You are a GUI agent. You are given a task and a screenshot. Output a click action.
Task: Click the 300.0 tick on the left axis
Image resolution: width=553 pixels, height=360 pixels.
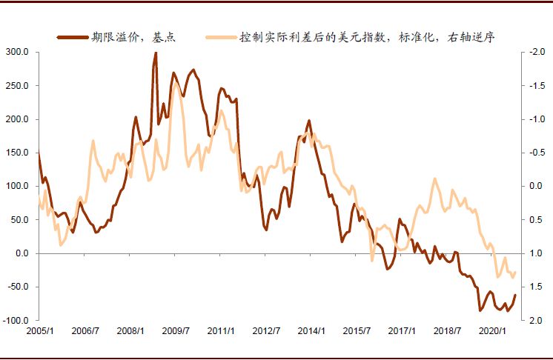(x=17, y=53)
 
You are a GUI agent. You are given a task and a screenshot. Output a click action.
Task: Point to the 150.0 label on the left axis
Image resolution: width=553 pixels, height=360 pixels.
(x=17, y=153)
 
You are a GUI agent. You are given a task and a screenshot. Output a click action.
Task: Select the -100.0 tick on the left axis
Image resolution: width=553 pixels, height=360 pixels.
(x=16, y=320)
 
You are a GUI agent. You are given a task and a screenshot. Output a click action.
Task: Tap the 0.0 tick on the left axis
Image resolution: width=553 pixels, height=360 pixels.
(x=21, y=253)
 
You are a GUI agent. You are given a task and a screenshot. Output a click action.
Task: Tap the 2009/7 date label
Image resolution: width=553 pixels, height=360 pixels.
(x=176, y=331)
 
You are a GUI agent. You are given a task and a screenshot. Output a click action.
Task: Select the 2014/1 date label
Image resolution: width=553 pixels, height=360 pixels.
(x=311, y=331)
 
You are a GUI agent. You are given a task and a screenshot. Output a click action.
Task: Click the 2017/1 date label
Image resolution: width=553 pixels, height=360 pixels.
(x=401, y=331)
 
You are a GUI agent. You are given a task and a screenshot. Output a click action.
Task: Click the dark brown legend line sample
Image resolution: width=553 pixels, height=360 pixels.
(x=72, y=36)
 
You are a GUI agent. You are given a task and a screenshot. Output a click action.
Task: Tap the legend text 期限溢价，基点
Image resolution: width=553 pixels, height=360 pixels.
(x=134, y=36)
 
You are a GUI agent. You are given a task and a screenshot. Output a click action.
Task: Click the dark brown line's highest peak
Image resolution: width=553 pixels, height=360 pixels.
(x=156, y=53)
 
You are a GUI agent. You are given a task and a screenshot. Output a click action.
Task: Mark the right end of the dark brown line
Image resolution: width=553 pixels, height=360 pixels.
(x=515, y=295)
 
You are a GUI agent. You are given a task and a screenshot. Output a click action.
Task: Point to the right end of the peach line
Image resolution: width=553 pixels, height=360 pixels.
(x=515, y=272)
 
